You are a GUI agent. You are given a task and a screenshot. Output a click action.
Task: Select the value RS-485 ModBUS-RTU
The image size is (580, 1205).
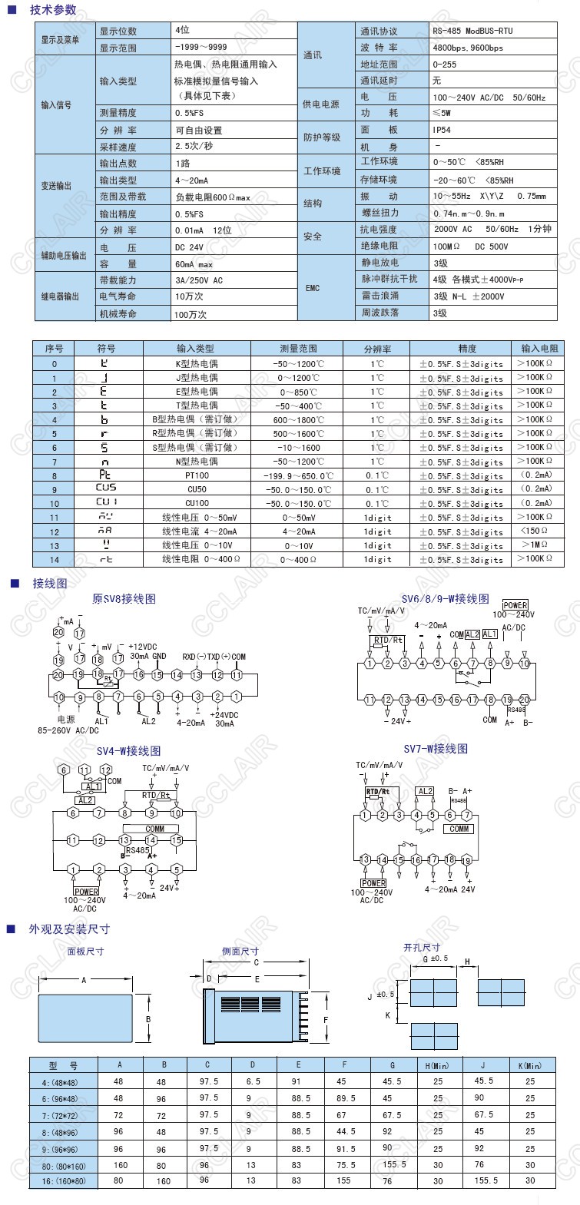click(x=472, y=31)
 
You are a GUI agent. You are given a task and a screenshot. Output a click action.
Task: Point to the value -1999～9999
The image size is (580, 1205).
click(x=201, y=47)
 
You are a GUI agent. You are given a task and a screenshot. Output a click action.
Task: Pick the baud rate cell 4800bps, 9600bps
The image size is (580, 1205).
click(x=468, y=48)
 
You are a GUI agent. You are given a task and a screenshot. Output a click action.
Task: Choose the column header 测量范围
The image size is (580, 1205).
click(x=298, y=349)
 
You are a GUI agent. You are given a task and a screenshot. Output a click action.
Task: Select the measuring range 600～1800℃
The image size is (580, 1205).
click(x=298, y=419)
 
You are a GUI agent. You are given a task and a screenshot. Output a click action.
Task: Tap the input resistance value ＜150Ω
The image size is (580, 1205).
click(x=534, y=531)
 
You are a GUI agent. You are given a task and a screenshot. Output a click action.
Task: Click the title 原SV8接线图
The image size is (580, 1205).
click(x=124, y=598)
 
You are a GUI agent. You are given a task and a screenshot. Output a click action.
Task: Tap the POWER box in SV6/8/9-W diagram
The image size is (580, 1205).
click(x=515, y=605)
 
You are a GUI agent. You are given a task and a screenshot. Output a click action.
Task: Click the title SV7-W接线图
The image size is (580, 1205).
click(x=436, y=748)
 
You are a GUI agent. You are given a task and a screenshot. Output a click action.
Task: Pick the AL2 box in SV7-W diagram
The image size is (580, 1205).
click(x=425, y=791)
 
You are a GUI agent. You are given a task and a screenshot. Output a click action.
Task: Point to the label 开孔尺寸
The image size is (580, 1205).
click(x=422, y=948)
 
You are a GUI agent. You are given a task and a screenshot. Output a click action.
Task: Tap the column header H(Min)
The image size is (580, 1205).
click(x=437, y=1065)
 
